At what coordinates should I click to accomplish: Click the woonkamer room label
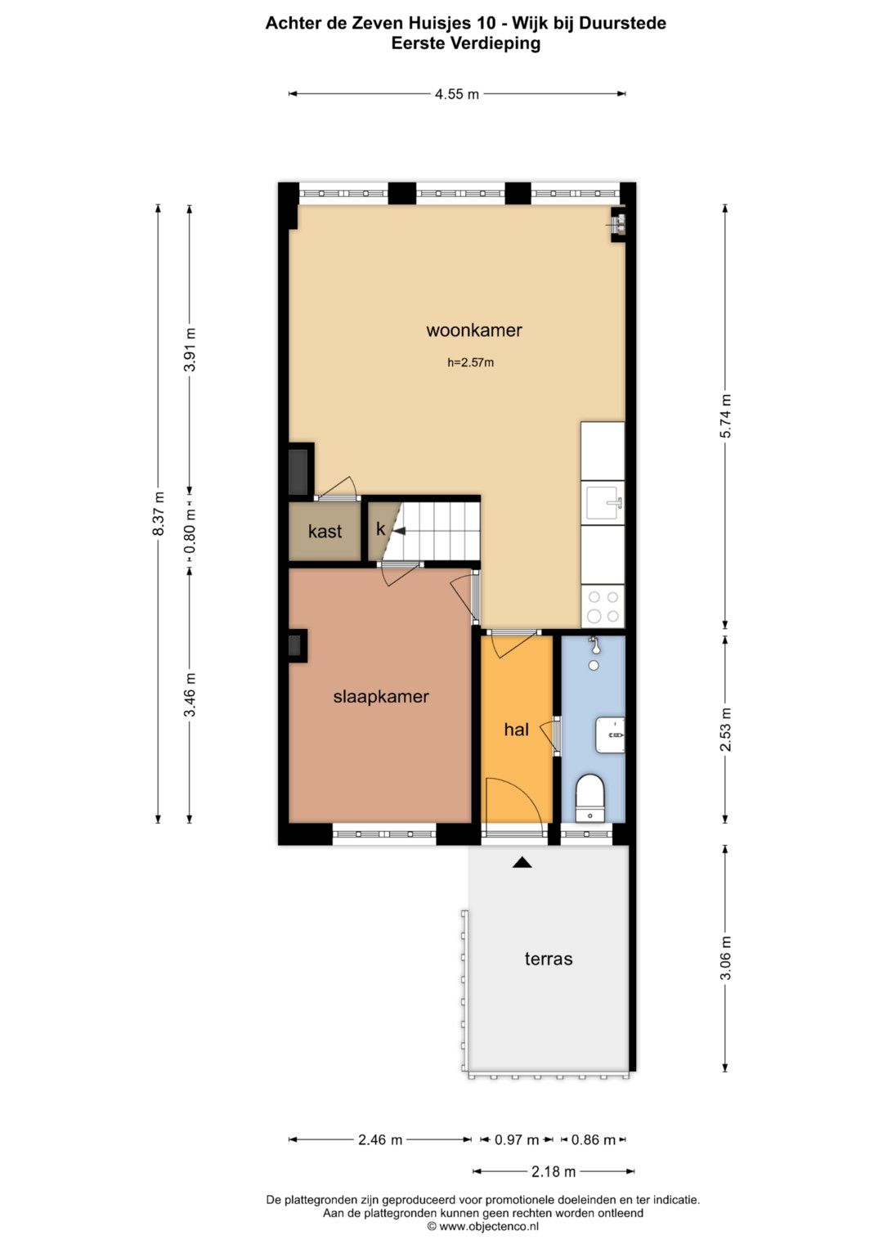(474, 330)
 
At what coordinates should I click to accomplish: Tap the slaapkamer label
(381, 696)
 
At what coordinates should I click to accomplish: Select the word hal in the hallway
(516, 730)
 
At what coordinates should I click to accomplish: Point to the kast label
(325, 531)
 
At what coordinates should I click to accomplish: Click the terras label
(549, 959)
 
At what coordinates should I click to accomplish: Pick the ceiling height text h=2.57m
(470, 362)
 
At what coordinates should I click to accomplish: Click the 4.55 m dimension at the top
(456, 94)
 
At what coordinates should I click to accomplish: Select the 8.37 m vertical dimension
(159, 514)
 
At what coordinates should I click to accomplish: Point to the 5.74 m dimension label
(725, 416)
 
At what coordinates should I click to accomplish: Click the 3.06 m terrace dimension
(725, 957)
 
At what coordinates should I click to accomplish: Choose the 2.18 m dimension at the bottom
(553, 1171)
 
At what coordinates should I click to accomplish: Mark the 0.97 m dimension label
(517, 1139)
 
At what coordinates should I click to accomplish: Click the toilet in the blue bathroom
(590, 798)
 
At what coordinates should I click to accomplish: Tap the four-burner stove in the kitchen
(603, 606)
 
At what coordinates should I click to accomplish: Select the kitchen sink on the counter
(603, 503)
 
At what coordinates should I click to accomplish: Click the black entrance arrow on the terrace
(522, 863)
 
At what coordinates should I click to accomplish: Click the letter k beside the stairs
(381, 528)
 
